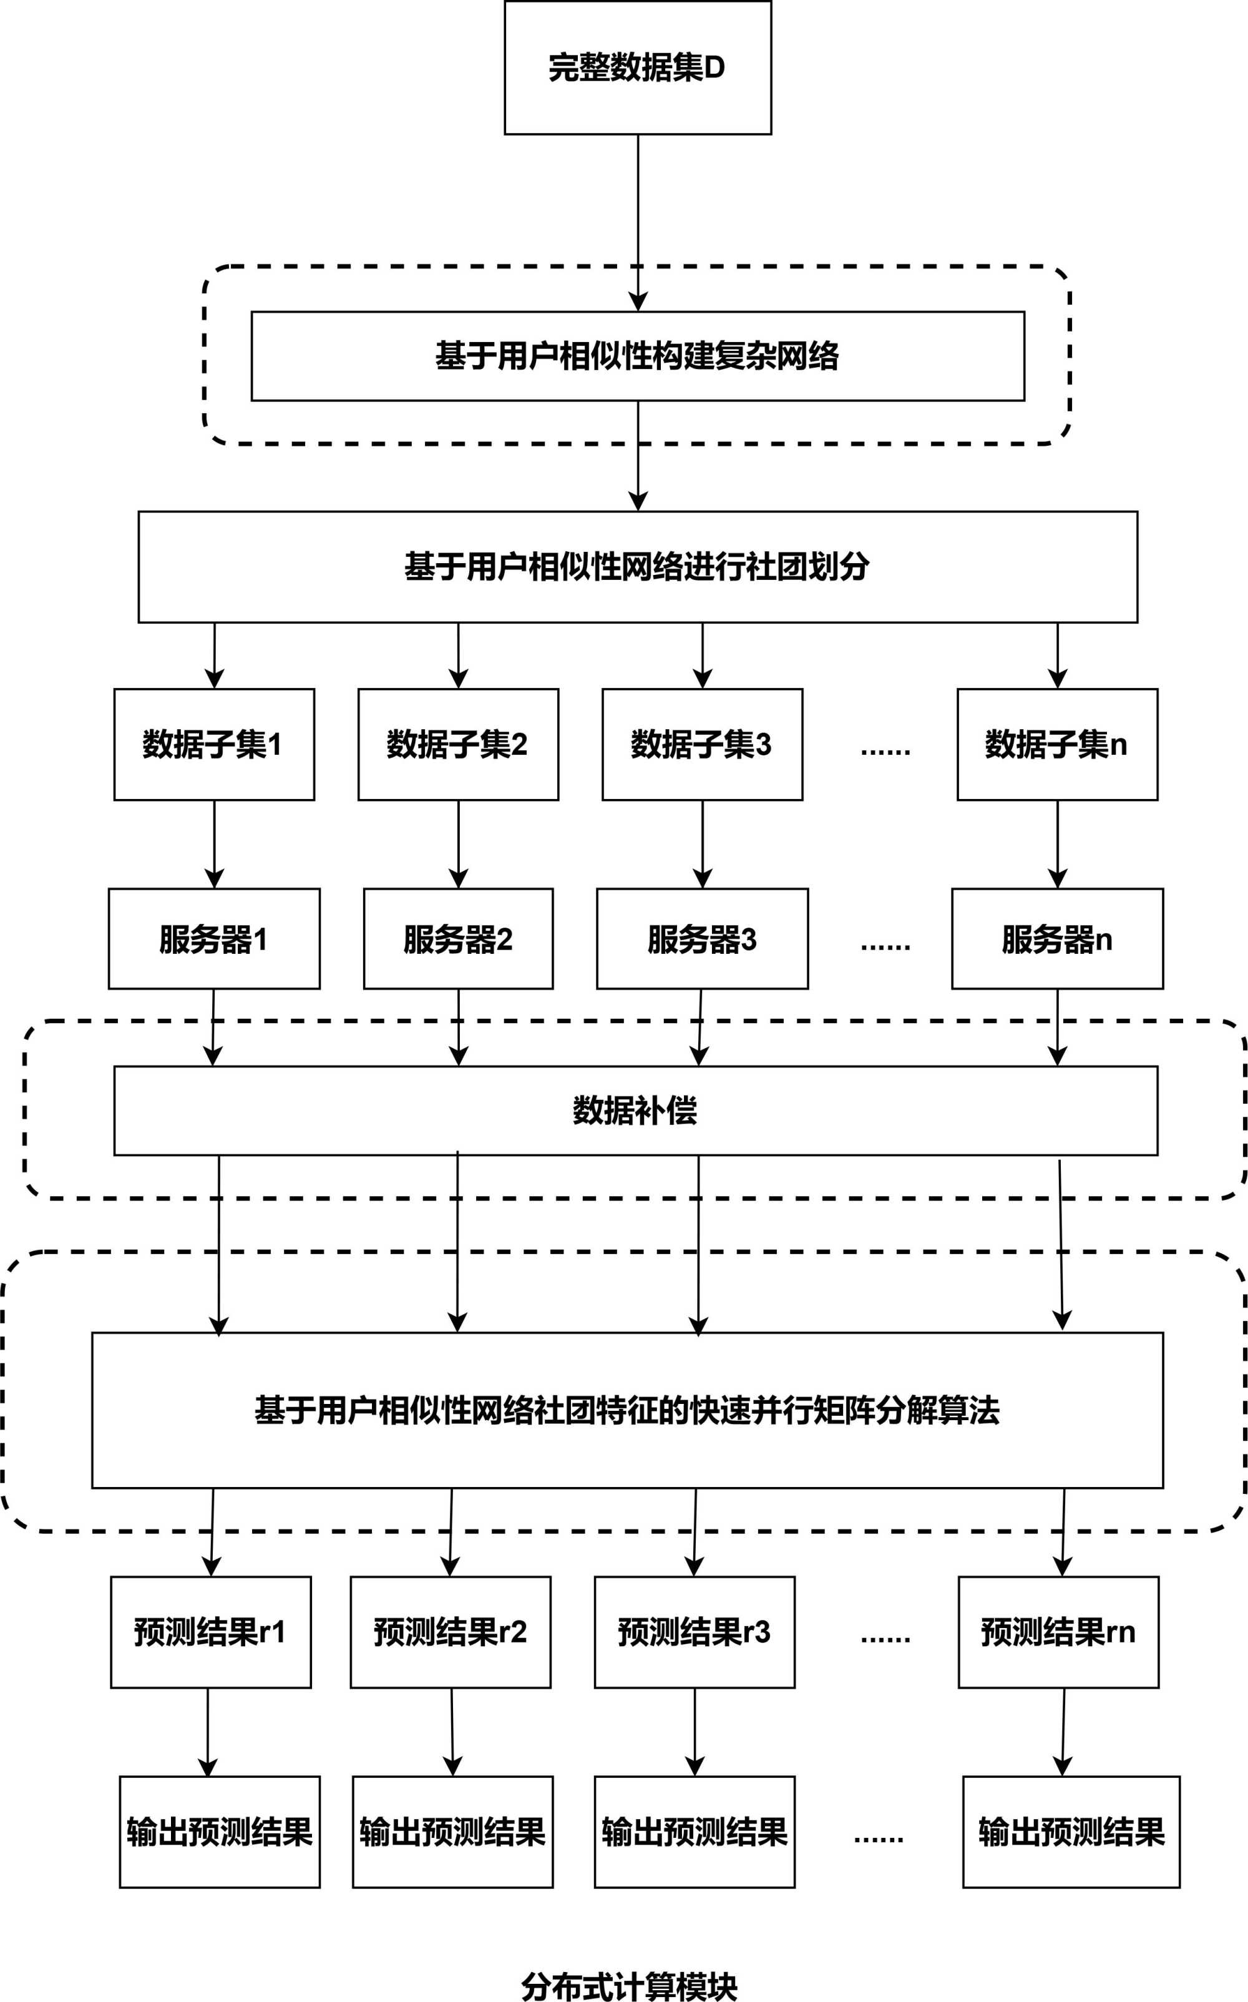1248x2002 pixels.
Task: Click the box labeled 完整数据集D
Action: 637,67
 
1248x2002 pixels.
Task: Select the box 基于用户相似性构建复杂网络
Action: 637,356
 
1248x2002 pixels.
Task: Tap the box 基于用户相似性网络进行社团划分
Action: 637,566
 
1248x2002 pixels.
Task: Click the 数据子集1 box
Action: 214,744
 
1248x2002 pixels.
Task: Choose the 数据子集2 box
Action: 458,744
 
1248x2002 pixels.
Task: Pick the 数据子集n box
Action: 1056,744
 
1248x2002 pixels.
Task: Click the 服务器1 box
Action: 214,939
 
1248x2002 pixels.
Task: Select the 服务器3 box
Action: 701,939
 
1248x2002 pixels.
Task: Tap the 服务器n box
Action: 1056,939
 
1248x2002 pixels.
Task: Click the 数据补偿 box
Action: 636,1111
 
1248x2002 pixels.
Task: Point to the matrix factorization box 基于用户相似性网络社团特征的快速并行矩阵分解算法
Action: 627,1410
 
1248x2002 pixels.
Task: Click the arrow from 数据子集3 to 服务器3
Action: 703,844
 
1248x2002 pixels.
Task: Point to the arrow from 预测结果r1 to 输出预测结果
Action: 208,1732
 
